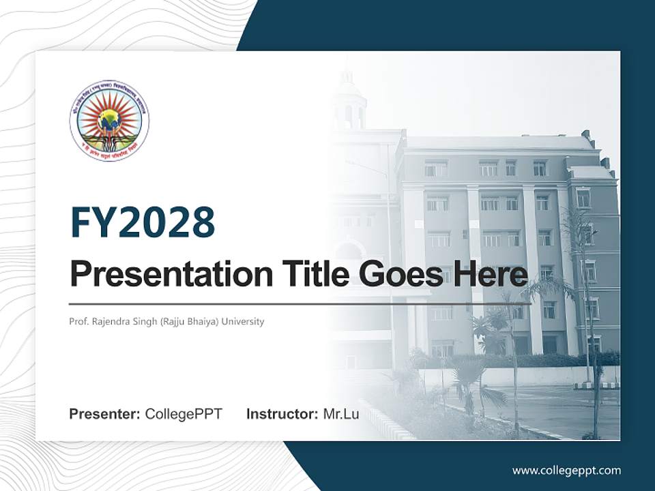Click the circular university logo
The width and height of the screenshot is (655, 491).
coord(109,121)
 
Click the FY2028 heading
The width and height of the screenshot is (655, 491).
coord(143,222)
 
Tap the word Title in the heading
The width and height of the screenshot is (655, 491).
coord(311,274)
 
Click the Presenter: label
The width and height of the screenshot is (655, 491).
coord(105,414)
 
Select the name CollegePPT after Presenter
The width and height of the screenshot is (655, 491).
coord(184,414)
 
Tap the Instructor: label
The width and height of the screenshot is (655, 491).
coord(282,414)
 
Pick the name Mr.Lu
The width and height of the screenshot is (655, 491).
coord(340,414)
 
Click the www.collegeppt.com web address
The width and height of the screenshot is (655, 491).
coord(566,470)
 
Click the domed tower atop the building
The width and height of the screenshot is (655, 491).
coord(349,102)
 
